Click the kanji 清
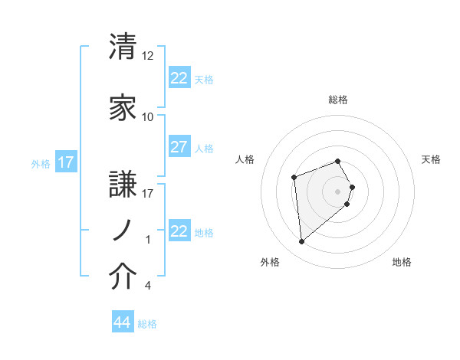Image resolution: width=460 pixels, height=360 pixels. point(123,47)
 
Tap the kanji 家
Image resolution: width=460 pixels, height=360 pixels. point(123,109)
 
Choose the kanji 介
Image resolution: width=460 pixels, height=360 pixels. point(123,277)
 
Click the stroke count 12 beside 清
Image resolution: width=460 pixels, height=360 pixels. point(148,56)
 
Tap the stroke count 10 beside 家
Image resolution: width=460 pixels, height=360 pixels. point(148,117)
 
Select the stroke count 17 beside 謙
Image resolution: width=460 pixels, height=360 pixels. point(148,193)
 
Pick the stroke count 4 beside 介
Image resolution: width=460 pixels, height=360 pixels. point(148,286)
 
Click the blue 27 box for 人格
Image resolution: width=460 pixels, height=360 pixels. point(179,148)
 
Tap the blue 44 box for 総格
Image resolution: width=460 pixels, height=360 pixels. point(123,323)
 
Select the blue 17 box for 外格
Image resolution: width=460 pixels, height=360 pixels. point(65,162)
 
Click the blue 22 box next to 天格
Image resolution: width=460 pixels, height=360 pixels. point(179,78)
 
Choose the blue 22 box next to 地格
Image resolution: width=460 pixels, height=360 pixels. point(179,231)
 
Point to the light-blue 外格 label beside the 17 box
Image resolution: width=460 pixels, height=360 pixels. point(41,163)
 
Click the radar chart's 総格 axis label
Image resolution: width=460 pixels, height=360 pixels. point(338,100)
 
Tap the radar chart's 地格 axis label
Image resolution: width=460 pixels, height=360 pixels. point(402,263)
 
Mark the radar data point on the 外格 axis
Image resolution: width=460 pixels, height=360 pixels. point(302,242)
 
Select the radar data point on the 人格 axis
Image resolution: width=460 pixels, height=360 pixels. point(294,177)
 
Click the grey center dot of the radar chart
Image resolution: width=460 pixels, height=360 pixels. point(338,191)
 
